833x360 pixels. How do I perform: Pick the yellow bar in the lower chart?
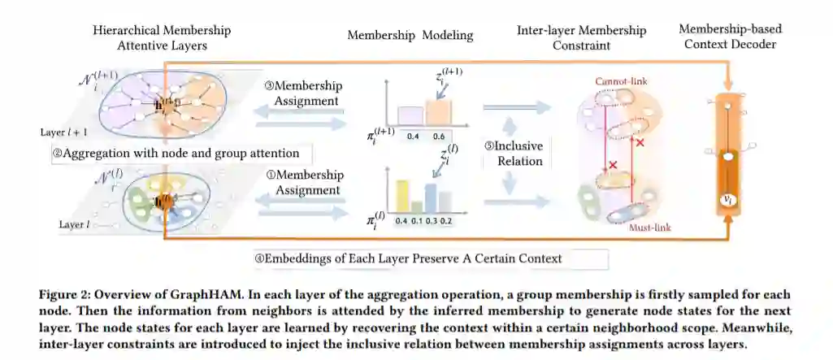[401, 197]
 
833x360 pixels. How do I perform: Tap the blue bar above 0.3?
[432, 198]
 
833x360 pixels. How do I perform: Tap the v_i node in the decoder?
[730, 198]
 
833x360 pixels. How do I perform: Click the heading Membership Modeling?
[410, 36]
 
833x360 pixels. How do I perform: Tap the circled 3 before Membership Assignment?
[270, 86]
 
